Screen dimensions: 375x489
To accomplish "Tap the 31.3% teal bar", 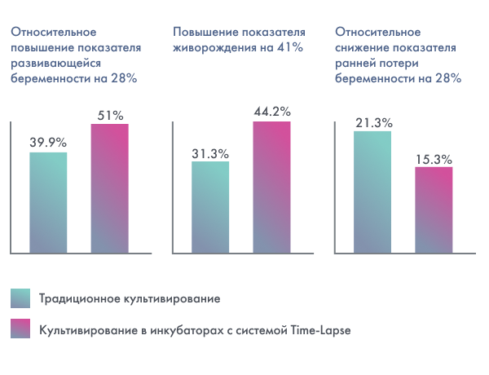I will point(210,207).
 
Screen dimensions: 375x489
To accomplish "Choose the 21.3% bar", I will point(373,192).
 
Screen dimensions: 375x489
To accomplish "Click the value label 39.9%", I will point(48,143).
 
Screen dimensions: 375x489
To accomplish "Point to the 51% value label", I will point(109,115).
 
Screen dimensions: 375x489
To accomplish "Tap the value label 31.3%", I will point(210,153).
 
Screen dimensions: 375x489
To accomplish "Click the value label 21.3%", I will point(373,122).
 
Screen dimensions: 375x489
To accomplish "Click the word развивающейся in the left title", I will point(55,64).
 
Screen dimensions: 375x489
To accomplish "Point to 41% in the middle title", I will point(288,48).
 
